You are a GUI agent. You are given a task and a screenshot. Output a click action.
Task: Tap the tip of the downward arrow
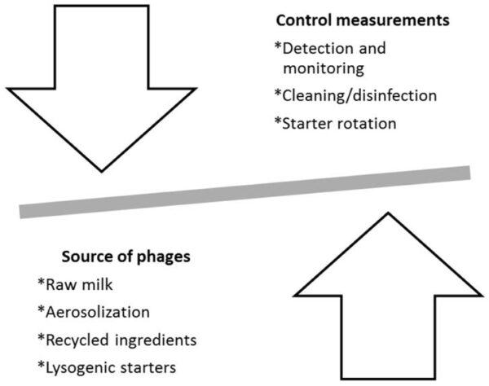pyautogui.click(x=101, y=169)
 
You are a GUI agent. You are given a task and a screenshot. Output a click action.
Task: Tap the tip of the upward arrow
pyautogui.click(x=386, y=215)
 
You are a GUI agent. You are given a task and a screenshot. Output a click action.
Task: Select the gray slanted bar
pyautogui.click(x=244, y=192)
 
